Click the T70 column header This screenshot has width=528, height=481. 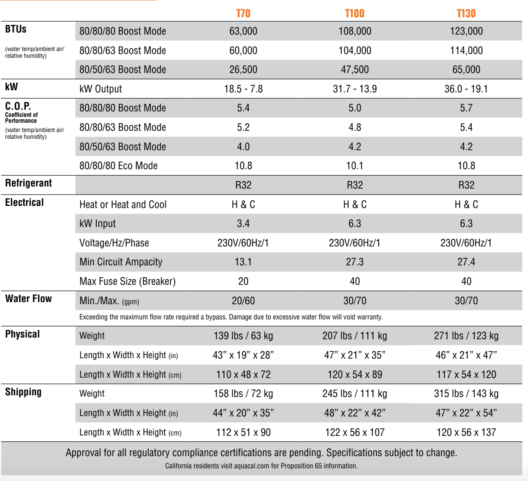[x=243, y=14]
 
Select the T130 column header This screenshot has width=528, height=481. [x=466, y=14]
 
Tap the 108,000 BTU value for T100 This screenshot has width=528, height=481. [x=355, y=31]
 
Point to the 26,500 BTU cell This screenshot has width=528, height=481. [x=243, y=70]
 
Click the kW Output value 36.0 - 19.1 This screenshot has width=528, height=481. [x=466, y=89]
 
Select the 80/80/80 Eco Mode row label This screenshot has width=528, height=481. [x=118, y=166]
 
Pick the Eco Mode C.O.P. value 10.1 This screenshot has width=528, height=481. [x=355, y=166]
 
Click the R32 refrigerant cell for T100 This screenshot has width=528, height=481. [x=355, y=185]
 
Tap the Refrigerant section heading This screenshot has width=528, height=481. [x=28, y=183]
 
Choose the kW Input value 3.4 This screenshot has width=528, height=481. [x=243, y=224]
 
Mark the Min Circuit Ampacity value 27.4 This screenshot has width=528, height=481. [x=466, y=262]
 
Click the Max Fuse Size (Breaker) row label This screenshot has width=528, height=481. [x=127, y=281]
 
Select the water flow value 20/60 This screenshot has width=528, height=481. [x=243, y=301]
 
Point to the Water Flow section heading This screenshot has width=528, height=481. [x=28, y=299]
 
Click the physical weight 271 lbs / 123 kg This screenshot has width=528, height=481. [x=466, y=336]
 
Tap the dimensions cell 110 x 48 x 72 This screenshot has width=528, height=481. [x=243, y=375]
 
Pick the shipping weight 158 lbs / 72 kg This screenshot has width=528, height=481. [x=243, y=394]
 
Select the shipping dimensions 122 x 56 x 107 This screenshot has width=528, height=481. [x=355, y=432]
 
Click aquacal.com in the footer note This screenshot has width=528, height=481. [x=252, y=466]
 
